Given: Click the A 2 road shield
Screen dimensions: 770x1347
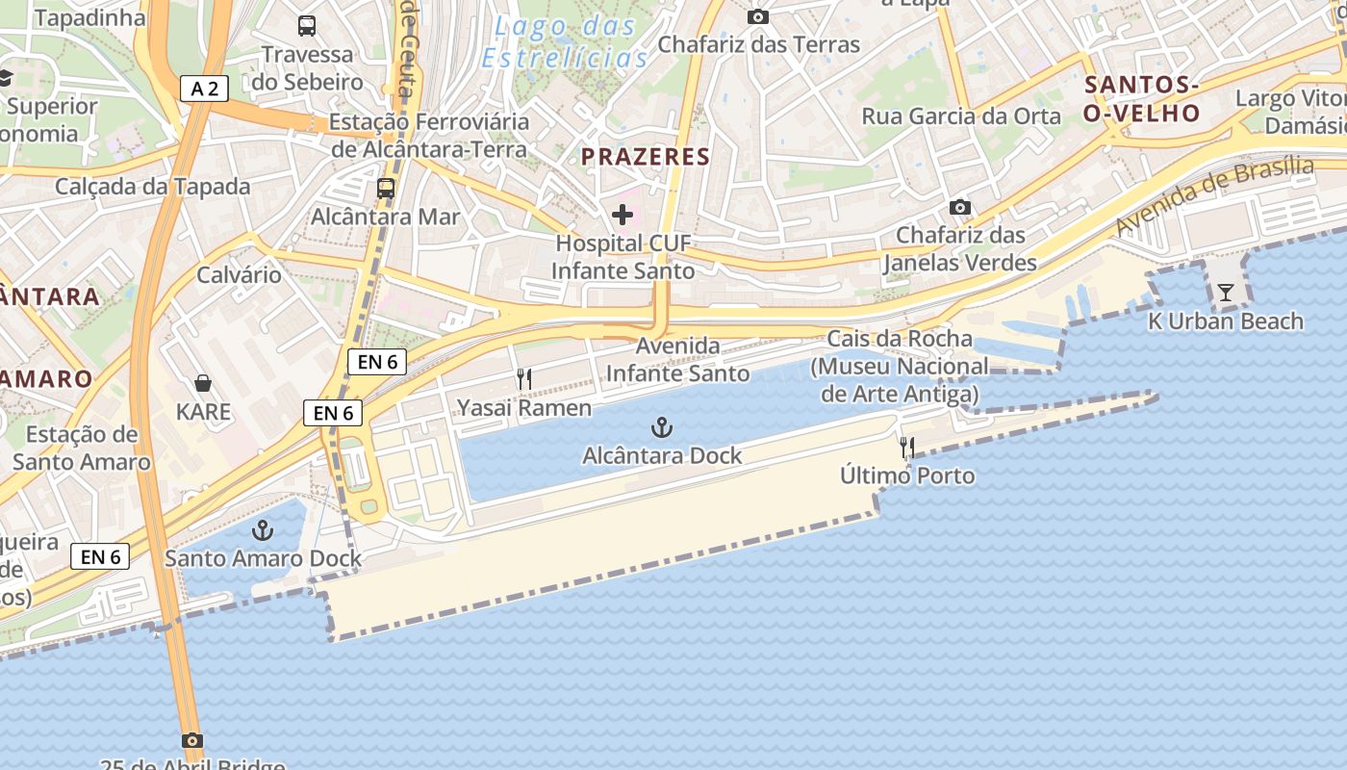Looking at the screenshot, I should [205, 90].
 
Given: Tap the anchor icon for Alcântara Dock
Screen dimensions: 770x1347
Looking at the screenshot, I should [661, 427].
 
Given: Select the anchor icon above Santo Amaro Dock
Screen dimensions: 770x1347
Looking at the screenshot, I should [262, 530].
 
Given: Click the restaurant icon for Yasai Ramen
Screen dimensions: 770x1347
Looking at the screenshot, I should [523, 379].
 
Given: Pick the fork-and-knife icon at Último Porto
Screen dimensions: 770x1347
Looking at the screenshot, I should [906, 448].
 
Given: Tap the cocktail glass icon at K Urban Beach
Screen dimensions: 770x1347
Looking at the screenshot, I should [1225, 293].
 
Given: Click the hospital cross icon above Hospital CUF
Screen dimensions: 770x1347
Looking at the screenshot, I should [623, 214].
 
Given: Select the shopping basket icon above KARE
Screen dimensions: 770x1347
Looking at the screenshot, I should [203, 384].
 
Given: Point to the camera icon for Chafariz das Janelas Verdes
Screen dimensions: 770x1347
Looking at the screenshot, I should [959, 207].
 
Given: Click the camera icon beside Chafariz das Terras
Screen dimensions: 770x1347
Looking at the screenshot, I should [758, 16].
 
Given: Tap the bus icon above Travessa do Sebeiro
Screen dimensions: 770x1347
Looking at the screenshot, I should [307, 26].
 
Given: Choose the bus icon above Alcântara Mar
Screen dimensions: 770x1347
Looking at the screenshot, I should [386, 188].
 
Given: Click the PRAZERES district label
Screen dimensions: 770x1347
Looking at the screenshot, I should [646, 157].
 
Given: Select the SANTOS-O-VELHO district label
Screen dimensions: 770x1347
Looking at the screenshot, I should [1142, 99].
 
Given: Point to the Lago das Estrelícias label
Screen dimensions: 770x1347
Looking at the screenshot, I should [566, 42].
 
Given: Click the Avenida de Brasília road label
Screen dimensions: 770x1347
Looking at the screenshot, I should [1214, 195].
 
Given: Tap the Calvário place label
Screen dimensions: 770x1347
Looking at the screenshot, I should [240, 275].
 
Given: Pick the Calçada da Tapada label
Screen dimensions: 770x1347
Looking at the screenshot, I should [153, 187].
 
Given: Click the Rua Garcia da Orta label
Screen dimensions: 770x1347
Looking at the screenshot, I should [961, 116].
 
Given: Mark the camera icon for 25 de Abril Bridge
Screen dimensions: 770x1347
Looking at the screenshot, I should [192, 740].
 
